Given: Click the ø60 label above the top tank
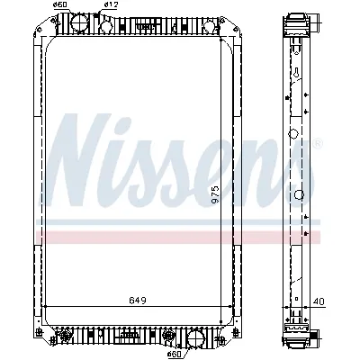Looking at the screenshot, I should (60, 5).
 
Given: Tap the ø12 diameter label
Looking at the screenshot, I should (111, 5).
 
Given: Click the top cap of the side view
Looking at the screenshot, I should (297, 19).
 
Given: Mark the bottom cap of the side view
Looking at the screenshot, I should (298, 338).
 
